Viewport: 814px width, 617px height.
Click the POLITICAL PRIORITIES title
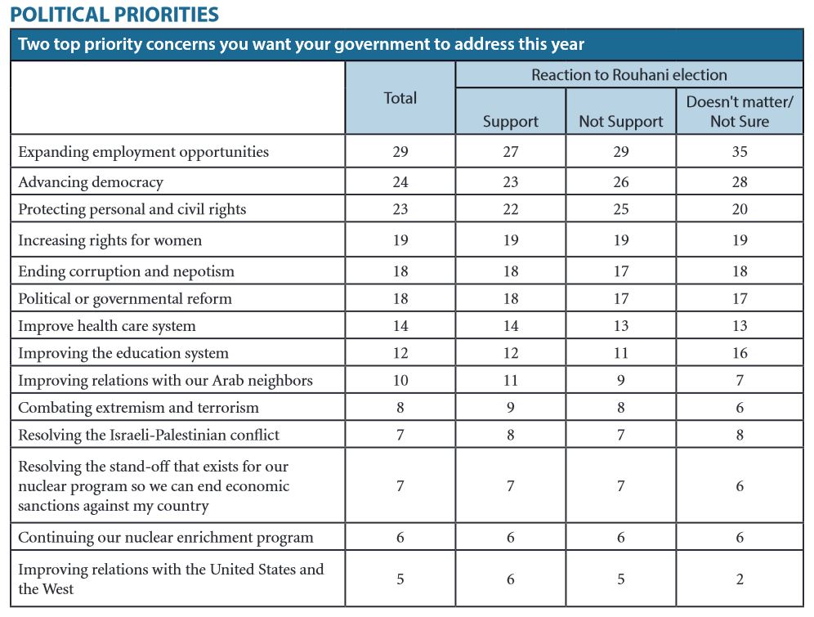[114, 14]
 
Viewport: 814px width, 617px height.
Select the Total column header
[400, 98]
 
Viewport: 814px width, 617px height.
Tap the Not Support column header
[621, 122]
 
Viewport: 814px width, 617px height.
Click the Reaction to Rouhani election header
[629, 74]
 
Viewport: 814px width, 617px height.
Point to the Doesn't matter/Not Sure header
[740, 112]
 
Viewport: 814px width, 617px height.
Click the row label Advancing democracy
[91, 182]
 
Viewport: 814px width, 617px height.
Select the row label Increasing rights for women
[110, 240]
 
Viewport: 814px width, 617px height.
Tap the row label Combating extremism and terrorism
[139, 408]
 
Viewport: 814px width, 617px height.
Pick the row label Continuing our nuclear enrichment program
[166, 538]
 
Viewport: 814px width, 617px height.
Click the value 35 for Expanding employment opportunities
[740, 151]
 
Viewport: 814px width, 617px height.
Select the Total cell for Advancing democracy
[400, 182]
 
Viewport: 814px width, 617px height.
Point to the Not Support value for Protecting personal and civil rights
[621, 209]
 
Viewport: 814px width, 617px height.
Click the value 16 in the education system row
[740, 353]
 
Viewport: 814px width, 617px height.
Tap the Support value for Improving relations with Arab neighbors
[511, 380]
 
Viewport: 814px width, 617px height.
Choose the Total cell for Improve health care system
[400, 326]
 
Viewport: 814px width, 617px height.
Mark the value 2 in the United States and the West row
[740, 579]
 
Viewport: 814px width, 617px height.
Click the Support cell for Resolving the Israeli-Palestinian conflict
[511, 435]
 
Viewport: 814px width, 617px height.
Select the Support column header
[511, 122]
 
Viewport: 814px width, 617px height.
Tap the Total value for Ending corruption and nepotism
[400, 271]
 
